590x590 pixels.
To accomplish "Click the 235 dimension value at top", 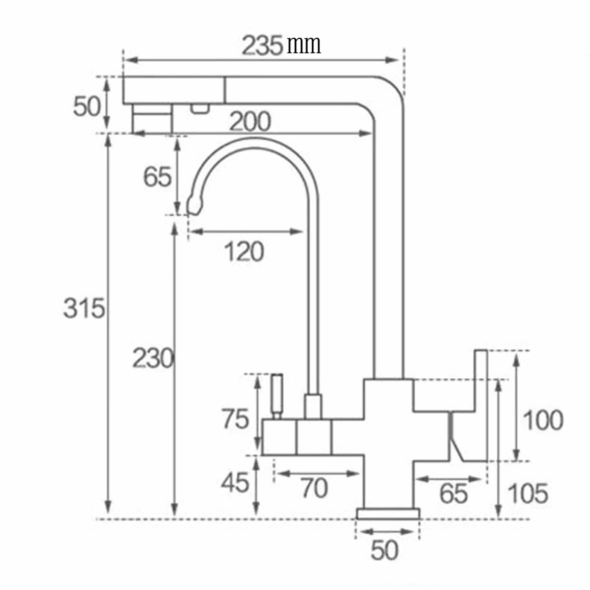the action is (262, 46).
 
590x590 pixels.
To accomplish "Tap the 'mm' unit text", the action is (304, 45).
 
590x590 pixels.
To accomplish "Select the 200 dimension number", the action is (250, 121).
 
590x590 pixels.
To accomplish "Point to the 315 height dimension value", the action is (84, 309).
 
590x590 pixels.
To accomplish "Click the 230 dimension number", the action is (153, 358).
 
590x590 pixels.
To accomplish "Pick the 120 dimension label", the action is (244, 251).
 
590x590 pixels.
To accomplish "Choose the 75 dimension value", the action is (235, 419).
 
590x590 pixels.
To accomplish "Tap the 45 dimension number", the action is (235, 483).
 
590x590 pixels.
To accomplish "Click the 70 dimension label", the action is (314, 488).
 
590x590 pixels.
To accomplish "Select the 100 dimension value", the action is (543, 420).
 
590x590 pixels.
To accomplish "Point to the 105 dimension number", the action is (528, 493).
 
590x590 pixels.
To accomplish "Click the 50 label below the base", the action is (384, 550).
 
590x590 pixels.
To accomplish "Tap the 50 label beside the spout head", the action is (87, 106).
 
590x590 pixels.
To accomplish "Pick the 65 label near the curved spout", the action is (157, 177).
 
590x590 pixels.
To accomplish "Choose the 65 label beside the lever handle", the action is (453, 493).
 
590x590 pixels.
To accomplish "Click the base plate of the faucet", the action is (388, 514).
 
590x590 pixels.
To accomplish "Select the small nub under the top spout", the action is (200, 108).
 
